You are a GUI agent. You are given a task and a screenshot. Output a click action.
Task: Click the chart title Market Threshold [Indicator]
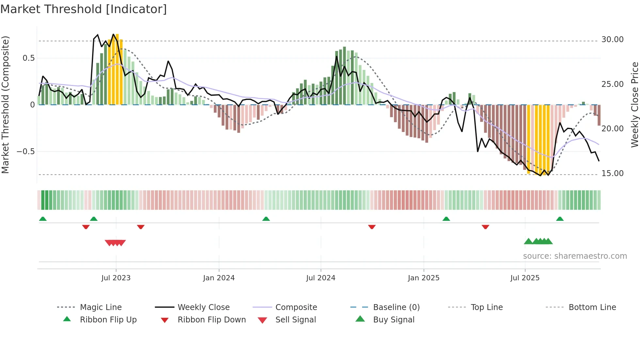[x=84, y=9]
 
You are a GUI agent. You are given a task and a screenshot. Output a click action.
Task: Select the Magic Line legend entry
[x=101, y=307]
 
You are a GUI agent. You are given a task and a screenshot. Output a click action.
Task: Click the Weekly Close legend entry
[x=203, y=307]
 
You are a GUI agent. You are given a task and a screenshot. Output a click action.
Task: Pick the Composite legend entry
[x=296, y=307]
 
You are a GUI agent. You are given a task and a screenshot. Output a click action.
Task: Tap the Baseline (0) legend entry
[x=396, y=307]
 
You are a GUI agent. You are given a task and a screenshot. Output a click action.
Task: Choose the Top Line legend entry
[x=487, y=307]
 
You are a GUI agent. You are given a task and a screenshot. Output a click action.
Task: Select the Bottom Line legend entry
[x=592, y=307]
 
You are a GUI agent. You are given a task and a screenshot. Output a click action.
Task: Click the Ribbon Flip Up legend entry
[x=108, y=319]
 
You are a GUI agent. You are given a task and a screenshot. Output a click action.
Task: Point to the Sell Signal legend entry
[x=296, y=319]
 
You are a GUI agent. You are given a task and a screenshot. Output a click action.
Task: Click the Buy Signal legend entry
[x=393, y=319]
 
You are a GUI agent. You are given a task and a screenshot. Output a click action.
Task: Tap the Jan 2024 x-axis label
[x=219, y=278]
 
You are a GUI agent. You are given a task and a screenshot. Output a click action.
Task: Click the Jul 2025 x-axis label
[x=525, y=278]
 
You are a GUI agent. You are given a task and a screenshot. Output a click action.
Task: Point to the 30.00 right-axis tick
[x=612, y=40]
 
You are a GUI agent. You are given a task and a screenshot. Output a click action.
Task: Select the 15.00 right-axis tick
[x=612, y=173]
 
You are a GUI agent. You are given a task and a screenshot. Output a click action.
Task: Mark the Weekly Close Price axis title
[x=634, y=105]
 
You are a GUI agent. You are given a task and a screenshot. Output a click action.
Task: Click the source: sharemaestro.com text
[x=575, y=256]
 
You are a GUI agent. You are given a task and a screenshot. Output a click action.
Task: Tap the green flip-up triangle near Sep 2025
[x=560, y=219]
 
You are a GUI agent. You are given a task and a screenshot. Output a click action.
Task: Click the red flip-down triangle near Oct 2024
[x=372, y=227]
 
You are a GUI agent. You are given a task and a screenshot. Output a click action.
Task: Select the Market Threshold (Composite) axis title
[x=5, y=105]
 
